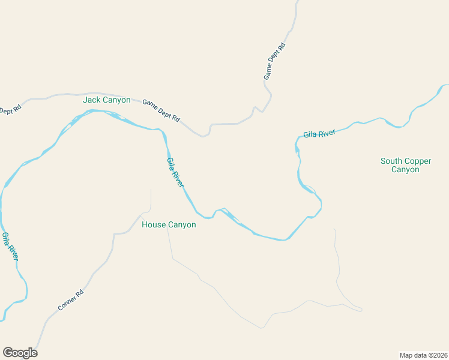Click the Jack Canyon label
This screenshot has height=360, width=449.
pyautogui.click(x=107, y=100)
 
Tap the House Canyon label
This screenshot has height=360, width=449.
pyautogui.click(x=169, y=225)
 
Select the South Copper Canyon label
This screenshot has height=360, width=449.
pyautogui.click(x=406, y=165)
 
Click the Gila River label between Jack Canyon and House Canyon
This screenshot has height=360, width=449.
pyautogui.click(x=175, y=172)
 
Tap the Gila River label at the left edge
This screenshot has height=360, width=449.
pyautogui.click(x=10, y=246)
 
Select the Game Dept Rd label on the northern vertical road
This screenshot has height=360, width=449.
pyautogui.click(x=275, y=62)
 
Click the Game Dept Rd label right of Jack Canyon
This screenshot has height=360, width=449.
pyautogui.click(x=161, y=110)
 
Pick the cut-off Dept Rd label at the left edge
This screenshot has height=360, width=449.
pyautogui.click(x=10, y=110)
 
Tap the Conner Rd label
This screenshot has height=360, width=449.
pyautogui.click(x=71, y=299)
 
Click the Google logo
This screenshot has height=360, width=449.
pyautogui.click(x=20, y=353)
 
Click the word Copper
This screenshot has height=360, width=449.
pyautogui.click(x=418, y=161)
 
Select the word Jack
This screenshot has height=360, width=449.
pyautogui.click(x=92, y=100)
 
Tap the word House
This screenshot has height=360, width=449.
pyautogui.click(x=154, y=225)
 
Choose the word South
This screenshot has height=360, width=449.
pyautogui.click(x=391, y=161)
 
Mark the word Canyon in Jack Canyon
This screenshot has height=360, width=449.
pyautogui.click(x=116, y=100)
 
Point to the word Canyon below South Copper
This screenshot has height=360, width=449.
pyautogui.click(x=405, y=170)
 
